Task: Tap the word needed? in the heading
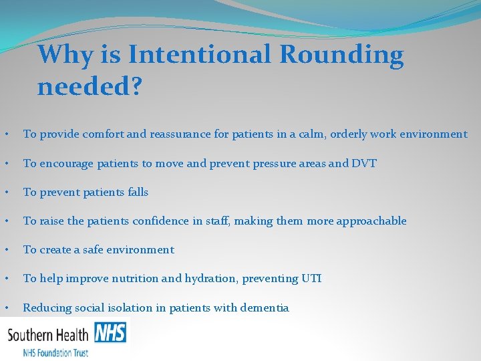coord(89,86)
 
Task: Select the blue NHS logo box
coord(110,332)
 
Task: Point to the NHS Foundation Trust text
coord(55,352)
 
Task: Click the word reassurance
coord(180,134)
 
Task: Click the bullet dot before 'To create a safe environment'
coord(6,250)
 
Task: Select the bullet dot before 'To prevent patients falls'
coord(6,193)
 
